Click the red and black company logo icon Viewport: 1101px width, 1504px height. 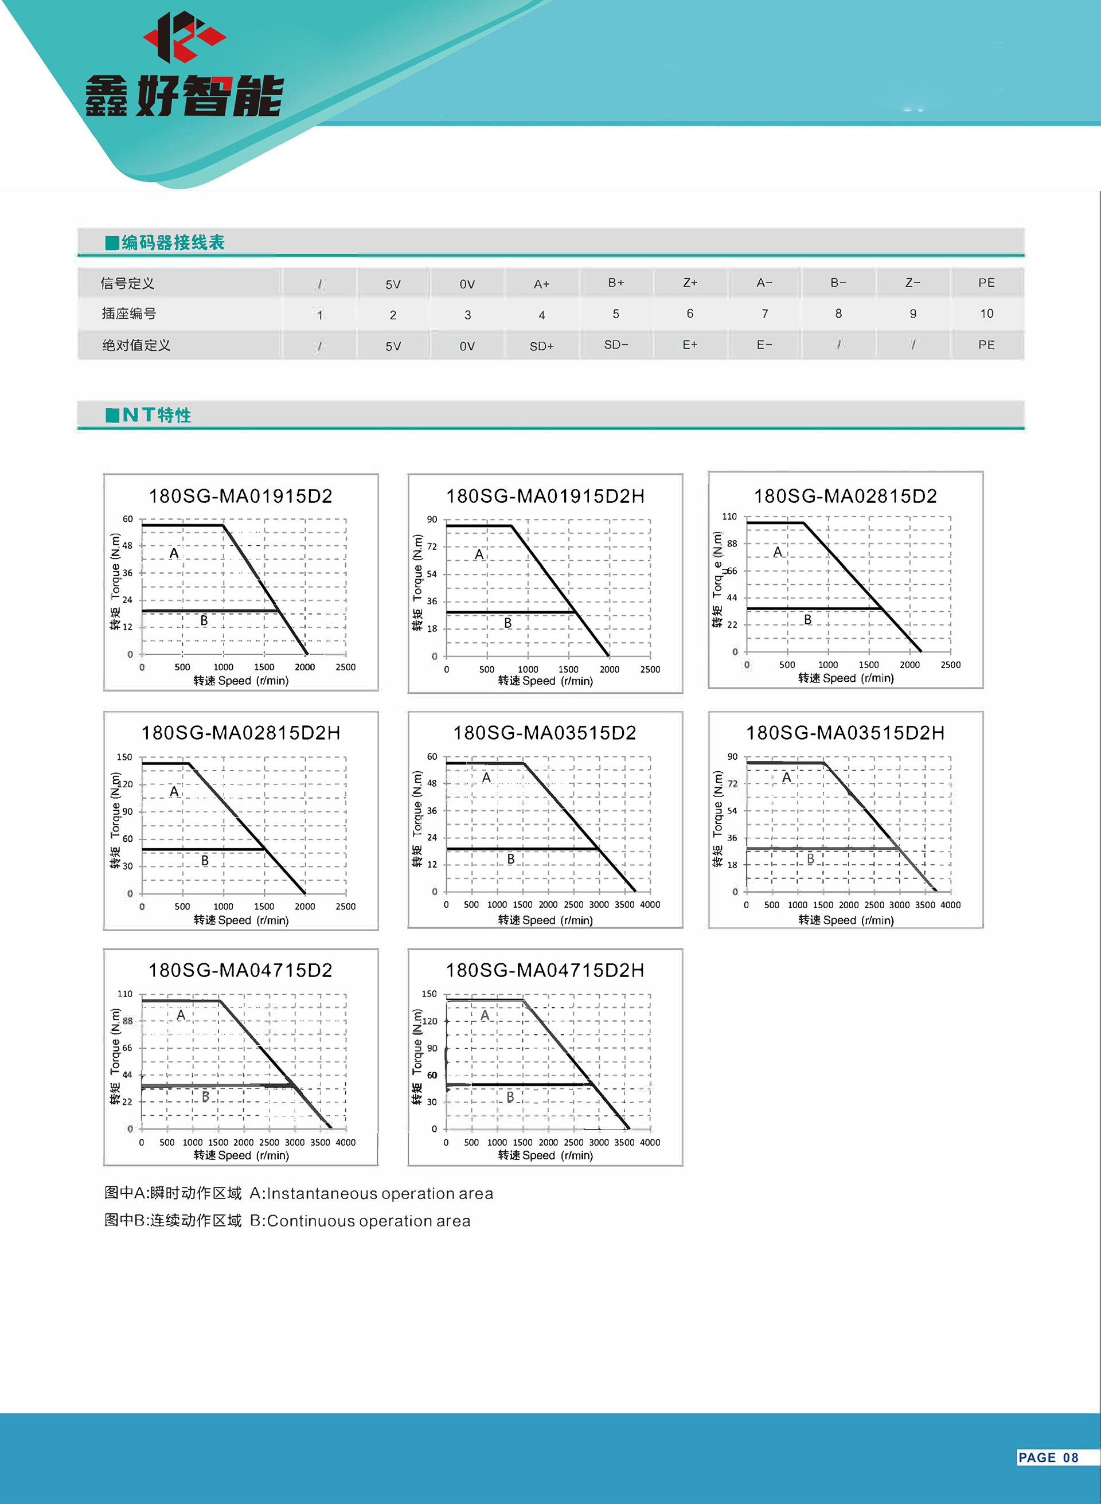point(184,37)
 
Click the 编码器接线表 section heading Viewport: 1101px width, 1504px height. point(173,243)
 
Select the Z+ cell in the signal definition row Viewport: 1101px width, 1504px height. point(690,283)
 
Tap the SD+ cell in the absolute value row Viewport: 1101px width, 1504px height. point(541,346)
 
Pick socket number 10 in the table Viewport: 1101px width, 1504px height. point(986,313)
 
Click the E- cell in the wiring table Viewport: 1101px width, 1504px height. point(764,345)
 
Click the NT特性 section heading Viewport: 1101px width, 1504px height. point(157,415)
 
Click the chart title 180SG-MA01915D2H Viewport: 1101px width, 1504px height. point(545,497)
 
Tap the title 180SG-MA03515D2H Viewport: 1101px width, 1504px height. point(845,733)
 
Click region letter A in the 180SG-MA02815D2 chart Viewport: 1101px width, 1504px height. point(777,552)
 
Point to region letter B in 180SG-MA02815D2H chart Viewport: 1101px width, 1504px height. point(205,860)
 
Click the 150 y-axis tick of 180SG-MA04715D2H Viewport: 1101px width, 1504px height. point(429,994)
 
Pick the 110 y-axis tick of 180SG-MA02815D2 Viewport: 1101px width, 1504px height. point(730,517)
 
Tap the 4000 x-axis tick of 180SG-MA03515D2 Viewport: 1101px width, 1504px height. point(650,904)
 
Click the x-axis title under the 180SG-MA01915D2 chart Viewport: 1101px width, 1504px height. point(241,681)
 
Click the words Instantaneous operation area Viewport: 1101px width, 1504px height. point(380,1193)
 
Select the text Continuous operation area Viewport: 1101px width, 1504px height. point(369,1221)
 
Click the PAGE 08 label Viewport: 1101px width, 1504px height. point(1048,1458)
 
